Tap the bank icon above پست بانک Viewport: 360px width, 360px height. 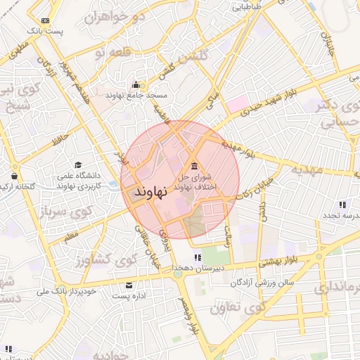pyautogui.click(x=46, y=20)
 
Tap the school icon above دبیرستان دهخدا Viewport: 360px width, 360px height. pyautogui.click(x=198, y=257)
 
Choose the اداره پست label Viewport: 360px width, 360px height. pyautogui.click(x=129, y=296)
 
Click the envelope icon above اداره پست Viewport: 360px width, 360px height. pyautogui.click(x=128, y=285)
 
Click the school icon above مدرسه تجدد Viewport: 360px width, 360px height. pyautogui.click(x=342, y=204)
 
